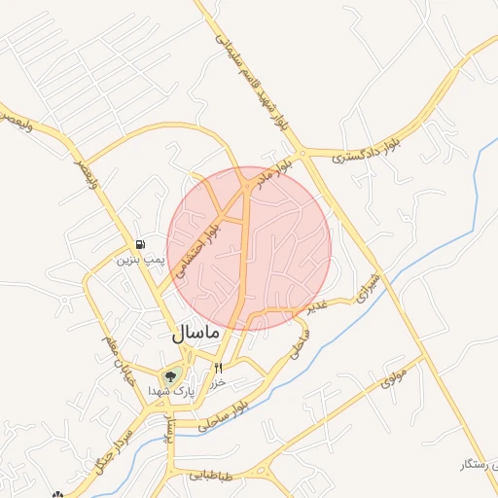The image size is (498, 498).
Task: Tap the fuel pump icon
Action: point(142,244)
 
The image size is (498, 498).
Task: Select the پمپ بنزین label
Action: point(137,260)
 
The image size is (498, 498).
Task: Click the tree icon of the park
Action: point(171,375)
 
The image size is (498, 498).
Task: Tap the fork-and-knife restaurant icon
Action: point(218,368)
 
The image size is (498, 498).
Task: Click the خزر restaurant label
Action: point(219,382)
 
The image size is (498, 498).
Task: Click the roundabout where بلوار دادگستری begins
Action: point(303,153)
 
